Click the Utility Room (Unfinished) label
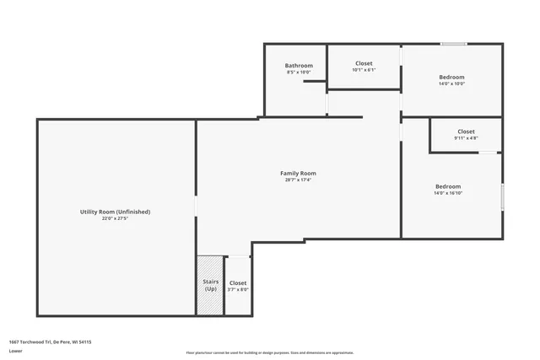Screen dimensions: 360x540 pos(115,212)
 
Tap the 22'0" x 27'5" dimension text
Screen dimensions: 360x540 pos(115,218)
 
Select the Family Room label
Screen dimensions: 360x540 pos(298,173)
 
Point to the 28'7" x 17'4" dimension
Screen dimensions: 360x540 pos(298,180)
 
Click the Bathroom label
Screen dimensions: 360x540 pos(299,66)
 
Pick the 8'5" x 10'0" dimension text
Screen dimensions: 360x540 pos(299,73)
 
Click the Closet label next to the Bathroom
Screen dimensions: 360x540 pos(364,63)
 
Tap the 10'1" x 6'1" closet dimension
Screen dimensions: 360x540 pos(364,70)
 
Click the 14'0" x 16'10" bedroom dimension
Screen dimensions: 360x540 pos(447,193)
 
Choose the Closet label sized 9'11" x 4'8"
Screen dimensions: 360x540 pos(466,132)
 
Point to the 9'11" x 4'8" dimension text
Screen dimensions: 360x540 pos(466,138)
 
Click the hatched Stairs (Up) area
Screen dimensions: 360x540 pos(210,286)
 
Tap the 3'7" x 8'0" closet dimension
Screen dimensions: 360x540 pos(238,290)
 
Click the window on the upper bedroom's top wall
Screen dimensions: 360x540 pos(453,44)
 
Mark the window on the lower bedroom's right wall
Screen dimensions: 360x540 pos(503,196)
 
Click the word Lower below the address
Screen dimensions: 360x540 pos(15,350)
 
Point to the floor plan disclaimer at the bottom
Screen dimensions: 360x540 pos(269,352)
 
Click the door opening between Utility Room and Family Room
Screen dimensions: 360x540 pos(197,207)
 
